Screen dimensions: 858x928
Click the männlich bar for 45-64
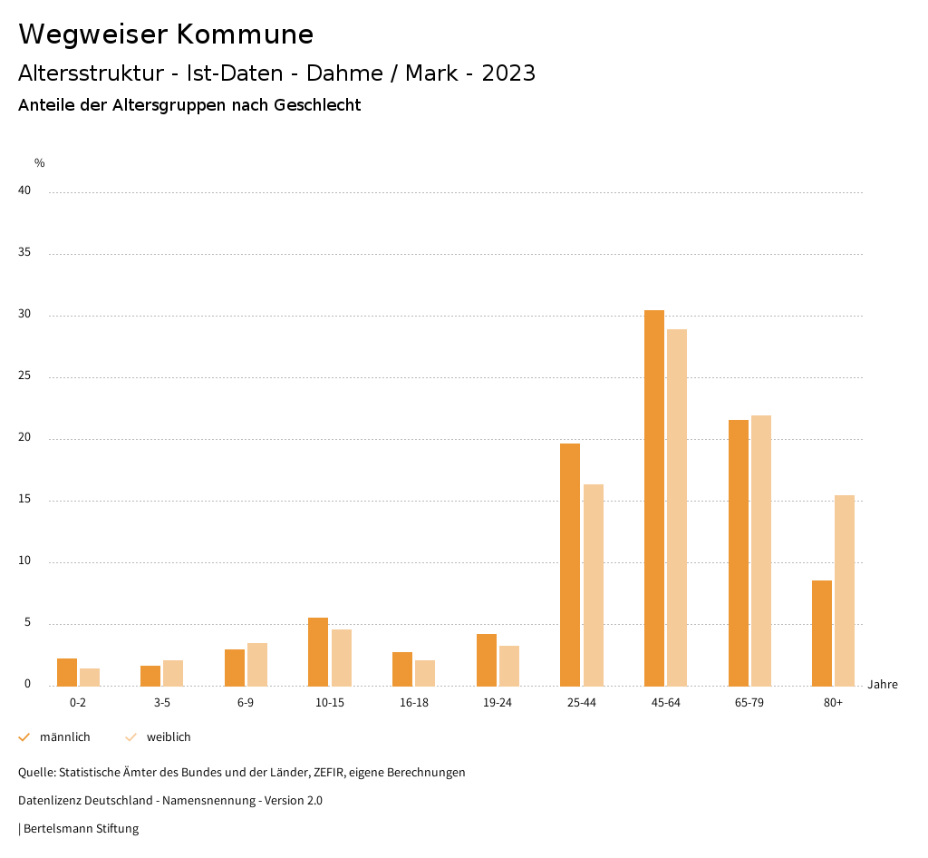[x=653, y=498]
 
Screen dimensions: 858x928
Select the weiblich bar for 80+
[x=845, y=590]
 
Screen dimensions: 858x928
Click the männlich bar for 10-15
[x=318, y=651]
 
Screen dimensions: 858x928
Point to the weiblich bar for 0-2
[x=90, y=677]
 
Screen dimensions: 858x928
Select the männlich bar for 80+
[x=822, y=633]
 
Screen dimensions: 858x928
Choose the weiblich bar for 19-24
[x=509, y=666]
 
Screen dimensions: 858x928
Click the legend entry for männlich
[x=64, y=737]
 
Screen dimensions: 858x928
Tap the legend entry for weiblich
[x=169, y=737]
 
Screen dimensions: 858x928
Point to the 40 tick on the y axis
[x=24, y=190]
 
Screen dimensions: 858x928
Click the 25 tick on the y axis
[x=24, y=375]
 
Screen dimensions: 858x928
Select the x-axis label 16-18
[x=413, y=703]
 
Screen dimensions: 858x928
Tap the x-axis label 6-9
[x=246, y=703]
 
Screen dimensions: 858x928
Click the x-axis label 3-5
[x=161, y=703]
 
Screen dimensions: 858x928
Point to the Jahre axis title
[x=882, y=684]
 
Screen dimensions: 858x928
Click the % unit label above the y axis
[x=40, y=163]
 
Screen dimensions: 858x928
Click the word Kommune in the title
[x=245, y=34]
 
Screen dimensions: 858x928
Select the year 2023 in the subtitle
[x=508, y=73]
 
